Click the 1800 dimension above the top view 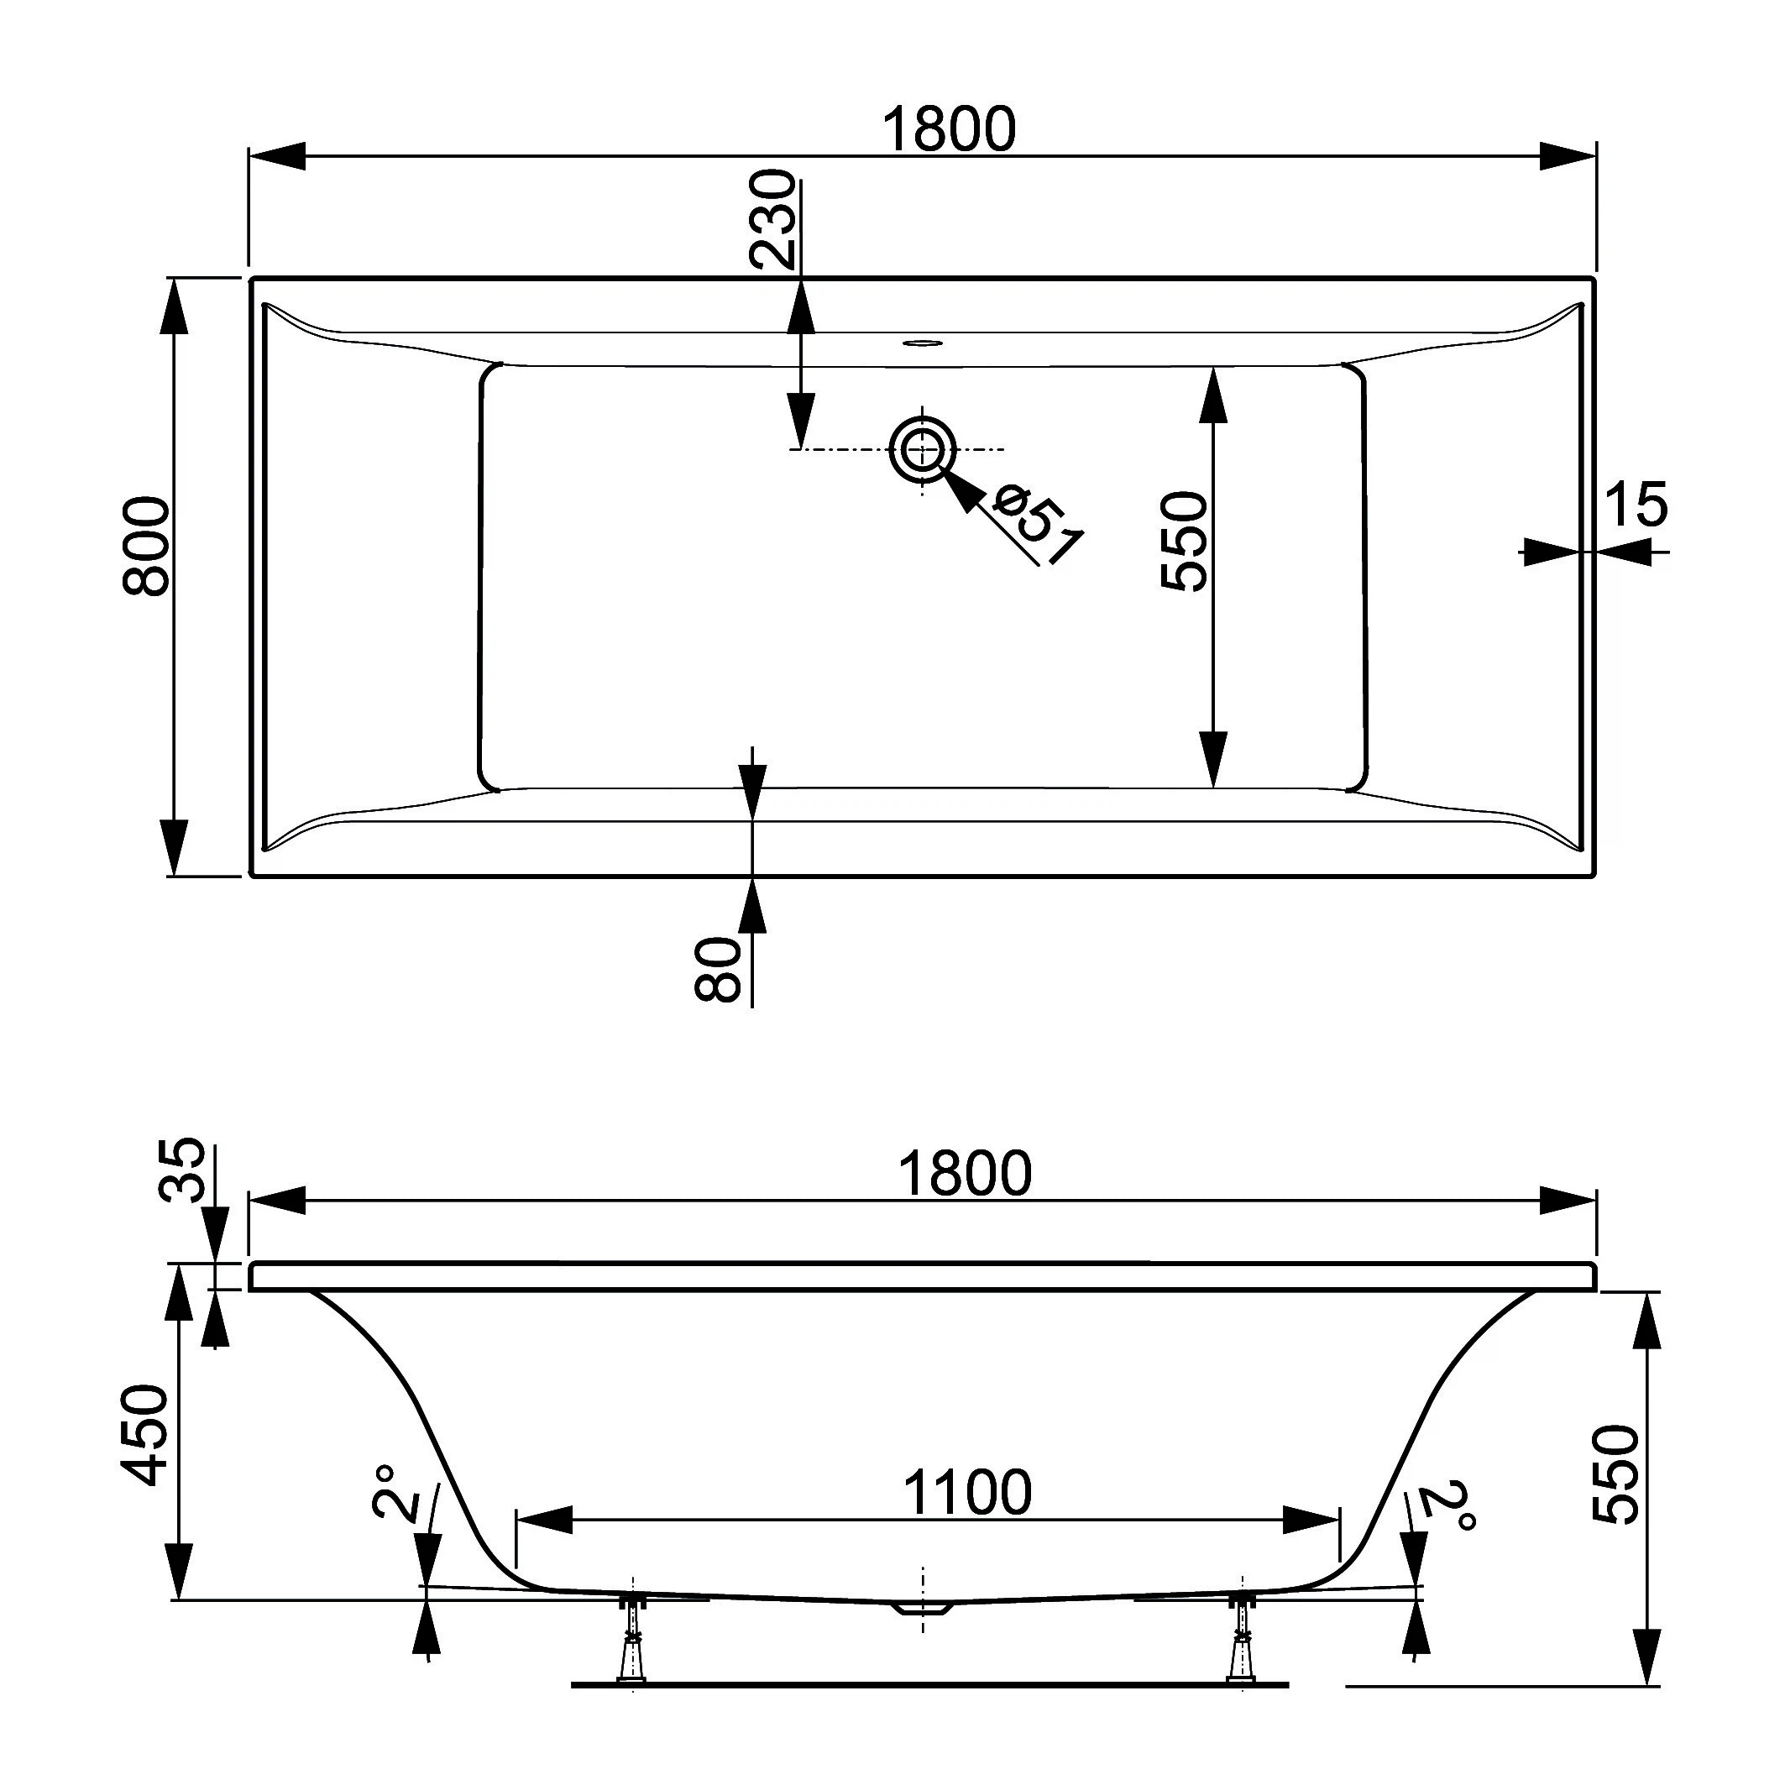pos(949,129)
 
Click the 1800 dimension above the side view pos(965,1174)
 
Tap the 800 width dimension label pos(147,546)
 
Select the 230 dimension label pos(772,219)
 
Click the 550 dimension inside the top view pos(1185,542)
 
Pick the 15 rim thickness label pos(1636,505)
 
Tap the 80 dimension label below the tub pos(718,969)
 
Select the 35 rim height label pos(181,1170)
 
